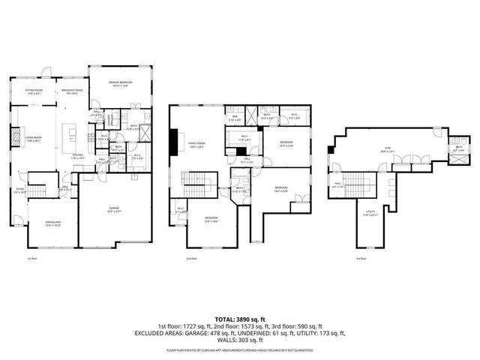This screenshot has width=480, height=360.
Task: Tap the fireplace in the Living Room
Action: (16, 137)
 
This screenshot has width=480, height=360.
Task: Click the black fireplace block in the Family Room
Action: (174, 140)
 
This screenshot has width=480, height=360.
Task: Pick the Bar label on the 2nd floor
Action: (234, 117)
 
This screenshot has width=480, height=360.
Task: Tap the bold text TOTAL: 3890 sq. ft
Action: (240, 319)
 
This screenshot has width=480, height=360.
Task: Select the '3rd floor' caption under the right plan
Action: (361, 259)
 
